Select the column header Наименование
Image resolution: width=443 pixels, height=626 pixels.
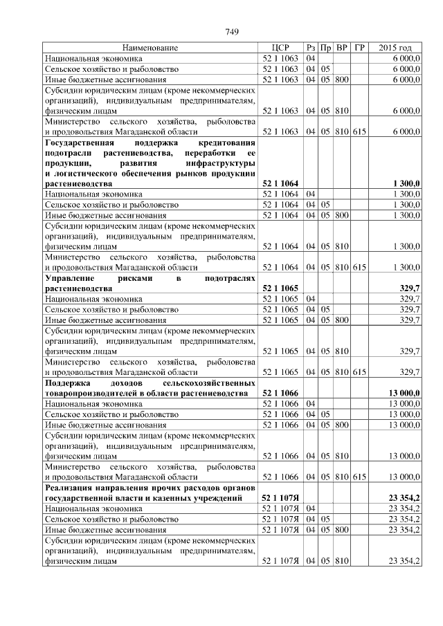(150, 48)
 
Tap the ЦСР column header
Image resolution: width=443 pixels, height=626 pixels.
(280, 48)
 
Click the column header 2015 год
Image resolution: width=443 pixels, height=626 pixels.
(395, 48)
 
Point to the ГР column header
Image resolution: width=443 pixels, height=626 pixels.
(359, 48)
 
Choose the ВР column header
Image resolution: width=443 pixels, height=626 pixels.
(341, 48)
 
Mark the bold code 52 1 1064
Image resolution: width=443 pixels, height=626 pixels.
(280, 184)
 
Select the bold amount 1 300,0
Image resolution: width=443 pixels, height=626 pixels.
(405, 184)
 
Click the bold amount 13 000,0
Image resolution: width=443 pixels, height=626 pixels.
(404, 393)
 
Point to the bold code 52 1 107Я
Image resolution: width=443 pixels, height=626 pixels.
(280, 497)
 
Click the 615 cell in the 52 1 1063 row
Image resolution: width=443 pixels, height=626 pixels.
(359, 131)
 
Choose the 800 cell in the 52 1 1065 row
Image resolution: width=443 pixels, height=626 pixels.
(341, 320)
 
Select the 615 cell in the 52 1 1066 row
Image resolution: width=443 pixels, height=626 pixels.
(359, 477)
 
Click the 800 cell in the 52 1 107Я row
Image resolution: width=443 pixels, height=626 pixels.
(341, 529)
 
